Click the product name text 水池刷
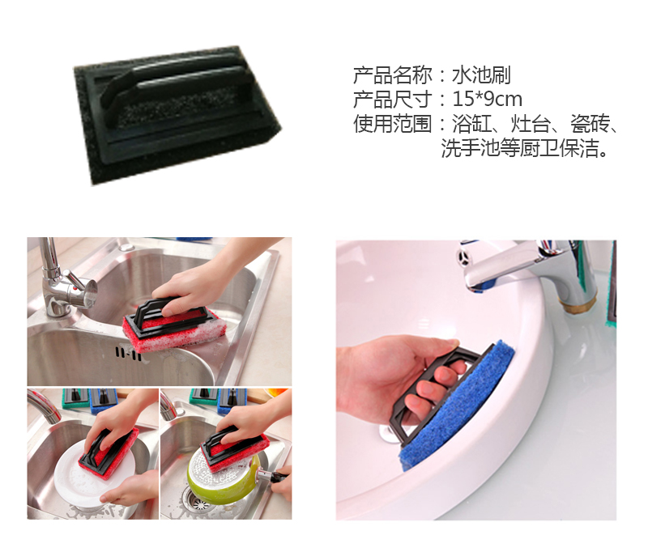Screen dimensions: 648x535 (x=481, y=75)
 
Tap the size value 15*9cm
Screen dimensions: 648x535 (x=488, y=99)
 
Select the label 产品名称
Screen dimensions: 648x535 (x=392, y=75)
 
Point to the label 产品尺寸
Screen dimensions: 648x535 (x=392, y=99)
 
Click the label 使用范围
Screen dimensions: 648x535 (x=392, y=123)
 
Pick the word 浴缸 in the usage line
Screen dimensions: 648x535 (x=471, y=123)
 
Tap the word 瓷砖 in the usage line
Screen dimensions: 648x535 (x=590, y=123)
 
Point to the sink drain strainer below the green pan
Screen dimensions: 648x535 (x=198, y=500)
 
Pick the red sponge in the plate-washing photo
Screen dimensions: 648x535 (x=109, y=454)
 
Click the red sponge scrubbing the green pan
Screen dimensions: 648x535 (x=236, y=452)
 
